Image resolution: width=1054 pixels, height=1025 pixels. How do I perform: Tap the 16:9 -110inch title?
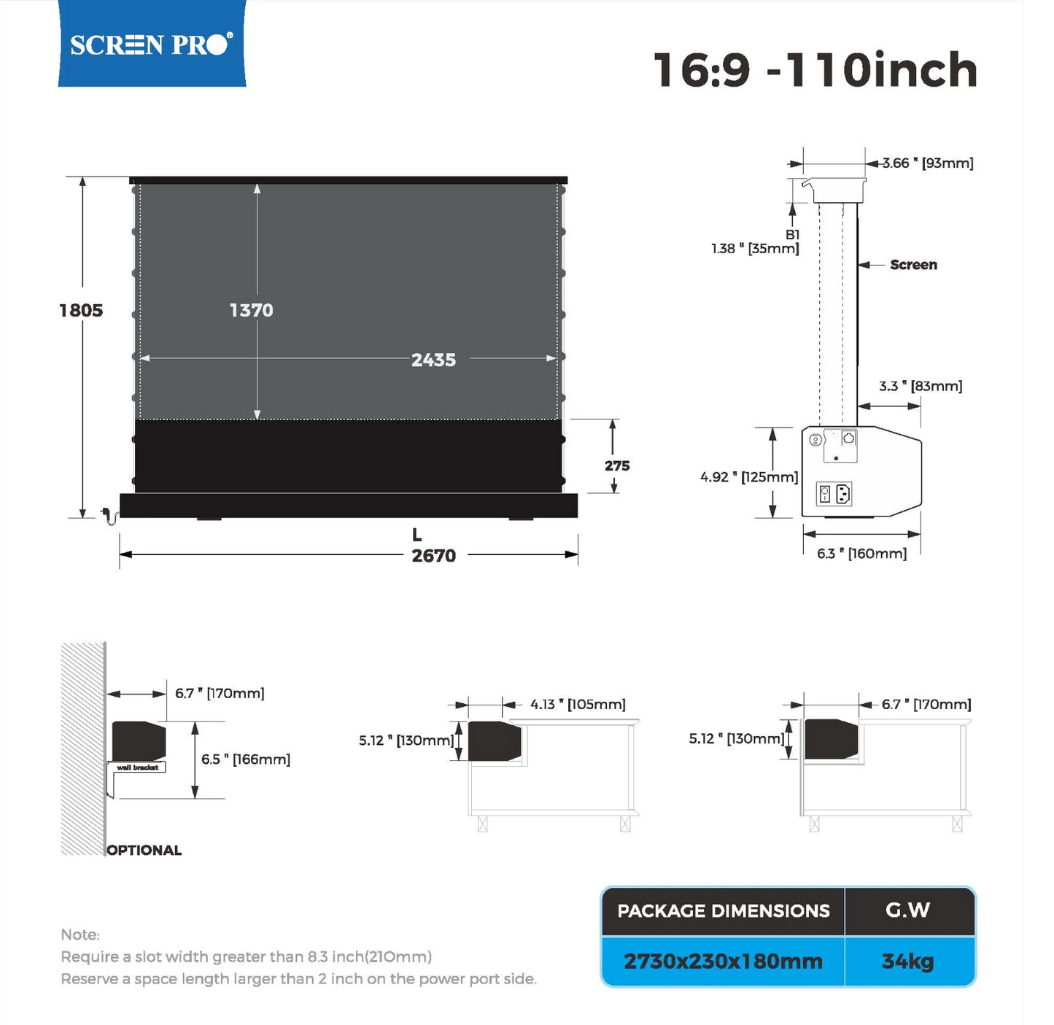[x=815, y=70]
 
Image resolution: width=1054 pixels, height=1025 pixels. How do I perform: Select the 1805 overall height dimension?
[x=81, y=311]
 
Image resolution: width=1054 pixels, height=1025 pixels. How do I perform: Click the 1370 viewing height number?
[x=252, y=311]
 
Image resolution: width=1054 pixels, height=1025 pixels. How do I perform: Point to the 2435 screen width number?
[x=433, y=360]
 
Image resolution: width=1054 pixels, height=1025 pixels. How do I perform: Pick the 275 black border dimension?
[x=617, y=466]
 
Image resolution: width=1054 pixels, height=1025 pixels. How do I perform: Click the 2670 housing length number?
[x=433, y=556]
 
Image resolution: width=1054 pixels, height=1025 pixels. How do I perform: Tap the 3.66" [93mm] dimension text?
[x=928, y=163]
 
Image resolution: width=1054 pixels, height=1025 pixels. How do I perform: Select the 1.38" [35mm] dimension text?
[x=755, y=249]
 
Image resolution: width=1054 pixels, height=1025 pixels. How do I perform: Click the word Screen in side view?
[x=913, y=265]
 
